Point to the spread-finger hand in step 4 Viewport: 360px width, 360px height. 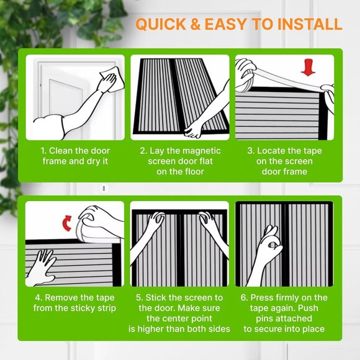pyautogui.click(x=45, y=264)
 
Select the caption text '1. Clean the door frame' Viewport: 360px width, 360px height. pyautogui.click(x=75, y=151)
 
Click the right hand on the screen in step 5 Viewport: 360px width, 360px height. pyautogui.click(x=208, y=223)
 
